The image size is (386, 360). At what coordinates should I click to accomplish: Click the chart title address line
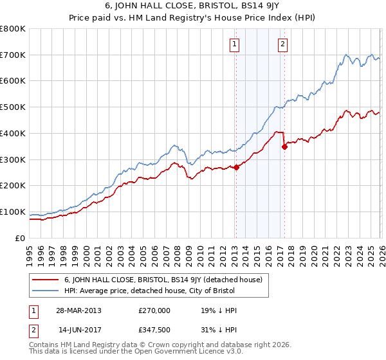193,7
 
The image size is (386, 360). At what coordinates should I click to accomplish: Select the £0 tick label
19,238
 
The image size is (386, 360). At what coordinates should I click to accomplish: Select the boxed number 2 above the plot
282,44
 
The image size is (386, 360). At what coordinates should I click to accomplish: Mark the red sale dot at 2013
236,167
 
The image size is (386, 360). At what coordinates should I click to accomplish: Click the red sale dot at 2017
284,147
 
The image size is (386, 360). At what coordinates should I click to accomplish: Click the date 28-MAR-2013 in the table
78,310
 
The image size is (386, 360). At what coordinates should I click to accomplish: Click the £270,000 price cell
154,310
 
